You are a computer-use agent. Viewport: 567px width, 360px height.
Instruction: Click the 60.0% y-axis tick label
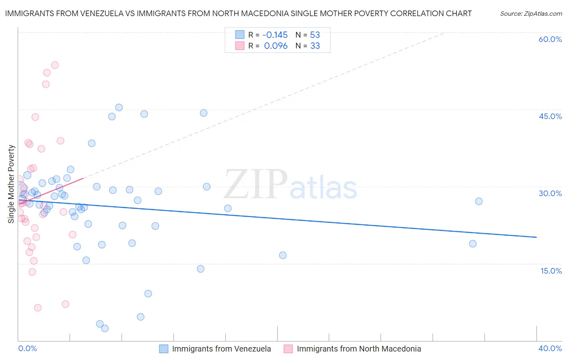tap(550, 39)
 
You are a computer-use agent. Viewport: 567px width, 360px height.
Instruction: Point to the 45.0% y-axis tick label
tap(550, 116)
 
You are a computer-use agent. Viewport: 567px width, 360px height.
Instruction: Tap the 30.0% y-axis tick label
tap(550, 193)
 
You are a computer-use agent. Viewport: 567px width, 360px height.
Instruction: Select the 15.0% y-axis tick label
tap(551, 271)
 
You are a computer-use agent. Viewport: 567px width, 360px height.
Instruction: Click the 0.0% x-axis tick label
tap(27, 348)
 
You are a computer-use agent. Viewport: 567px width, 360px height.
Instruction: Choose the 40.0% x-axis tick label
tap(550, 348)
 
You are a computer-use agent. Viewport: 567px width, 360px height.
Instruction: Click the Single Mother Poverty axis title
tap(11, 184)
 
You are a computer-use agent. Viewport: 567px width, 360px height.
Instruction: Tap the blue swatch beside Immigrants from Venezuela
tap(163, 349)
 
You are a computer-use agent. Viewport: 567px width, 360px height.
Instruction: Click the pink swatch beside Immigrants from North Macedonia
tap(288, 349)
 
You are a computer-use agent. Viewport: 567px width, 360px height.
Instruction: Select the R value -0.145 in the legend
tap(275, 35)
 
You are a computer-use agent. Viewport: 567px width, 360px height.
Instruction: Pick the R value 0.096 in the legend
tap(276, 46)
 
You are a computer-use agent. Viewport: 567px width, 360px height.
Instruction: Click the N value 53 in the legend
tap(315, 35)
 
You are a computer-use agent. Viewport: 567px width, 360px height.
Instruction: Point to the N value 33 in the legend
tap(315, 46)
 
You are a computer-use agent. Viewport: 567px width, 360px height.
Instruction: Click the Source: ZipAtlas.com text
tap(531, 14)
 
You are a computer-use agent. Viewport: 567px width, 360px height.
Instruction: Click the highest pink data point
tap(55, 65)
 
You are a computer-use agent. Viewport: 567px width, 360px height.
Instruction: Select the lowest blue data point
tap(105, 329)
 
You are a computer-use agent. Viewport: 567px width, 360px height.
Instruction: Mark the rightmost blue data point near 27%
tap(479, 201)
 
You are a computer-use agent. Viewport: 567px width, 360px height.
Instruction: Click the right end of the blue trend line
tap(536, 237)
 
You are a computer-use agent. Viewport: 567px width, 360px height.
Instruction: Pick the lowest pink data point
tap(38, 308)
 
